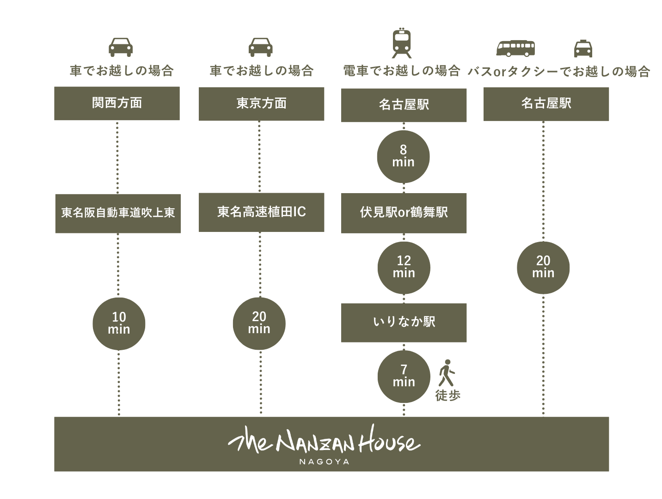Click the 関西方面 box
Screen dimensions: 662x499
pos(116,103)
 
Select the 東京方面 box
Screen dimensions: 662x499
pos(261,104)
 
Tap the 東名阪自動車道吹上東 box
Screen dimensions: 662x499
pos(118,213)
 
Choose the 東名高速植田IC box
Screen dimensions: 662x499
pos(261,213)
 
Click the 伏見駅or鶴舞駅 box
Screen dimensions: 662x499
pos(404,213)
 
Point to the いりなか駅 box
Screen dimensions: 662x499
pos(404,323)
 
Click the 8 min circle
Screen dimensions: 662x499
pos(403,157)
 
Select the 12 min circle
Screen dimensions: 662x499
pos(404,268)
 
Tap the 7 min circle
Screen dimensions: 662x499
pos(404,377)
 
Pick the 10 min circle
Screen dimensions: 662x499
pos(119,323)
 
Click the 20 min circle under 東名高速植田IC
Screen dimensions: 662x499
pos(259,323)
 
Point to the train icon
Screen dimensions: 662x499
pos(402,43)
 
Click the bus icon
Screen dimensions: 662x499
pos(515,49)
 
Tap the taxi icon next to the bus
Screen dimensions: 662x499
pos(583,49)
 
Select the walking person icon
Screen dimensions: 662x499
pos(447,373)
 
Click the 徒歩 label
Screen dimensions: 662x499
pos(448,395)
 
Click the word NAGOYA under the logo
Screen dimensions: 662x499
pos(324,462)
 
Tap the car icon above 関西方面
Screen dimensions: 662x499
pos(121,47)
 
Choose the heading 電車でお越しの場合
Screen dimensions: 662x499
pos(402,71)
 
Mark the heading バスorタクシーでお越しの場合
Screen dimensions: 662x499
pos(559,72)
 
